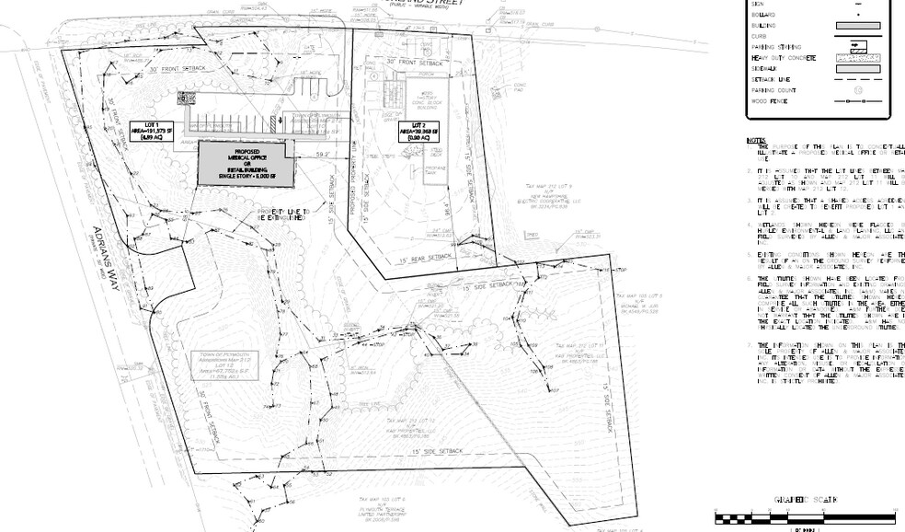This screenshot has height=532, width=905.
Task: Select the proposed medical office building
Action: (x=246, y=165)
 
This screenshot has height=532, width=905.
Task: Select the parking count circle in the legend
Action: (x=858, y=90)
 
